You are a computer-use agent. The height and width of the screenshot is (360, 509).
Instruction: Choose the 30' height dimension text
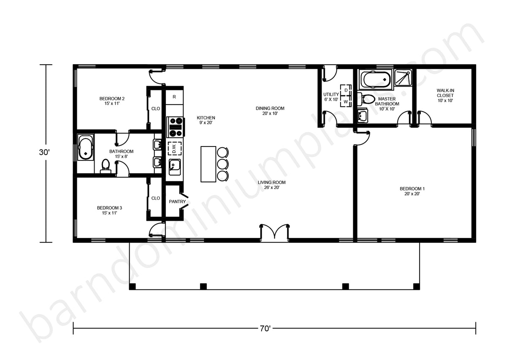point(45,152)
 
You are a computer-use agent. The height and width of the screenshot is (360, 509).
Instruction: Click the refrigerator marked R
point(174,97)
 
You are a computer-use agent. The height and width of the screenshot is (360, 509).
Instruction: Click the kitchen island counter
point(208,164)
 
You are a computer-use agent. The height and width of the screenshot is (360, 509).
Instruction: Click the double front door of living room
point(274,232)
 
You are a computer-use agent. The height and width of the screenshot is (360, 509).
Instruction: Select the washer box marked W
point(346,101)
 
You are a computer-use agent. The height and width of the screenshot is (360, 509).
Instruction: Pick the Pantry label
point(177,202)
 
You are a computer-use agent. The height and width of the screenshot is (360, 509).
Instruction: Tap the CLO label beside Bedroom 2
point(156,108)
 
